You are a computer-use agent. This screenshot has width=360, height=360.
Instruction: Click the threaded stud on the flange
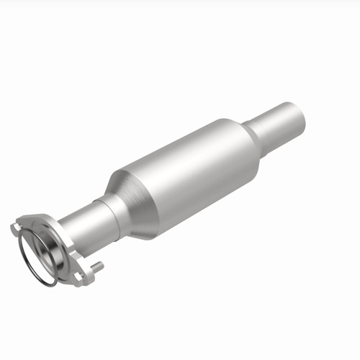click(97, 269)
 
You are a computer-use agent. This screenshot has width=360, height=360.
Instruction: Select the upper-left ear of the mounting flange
click(16, 228)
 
